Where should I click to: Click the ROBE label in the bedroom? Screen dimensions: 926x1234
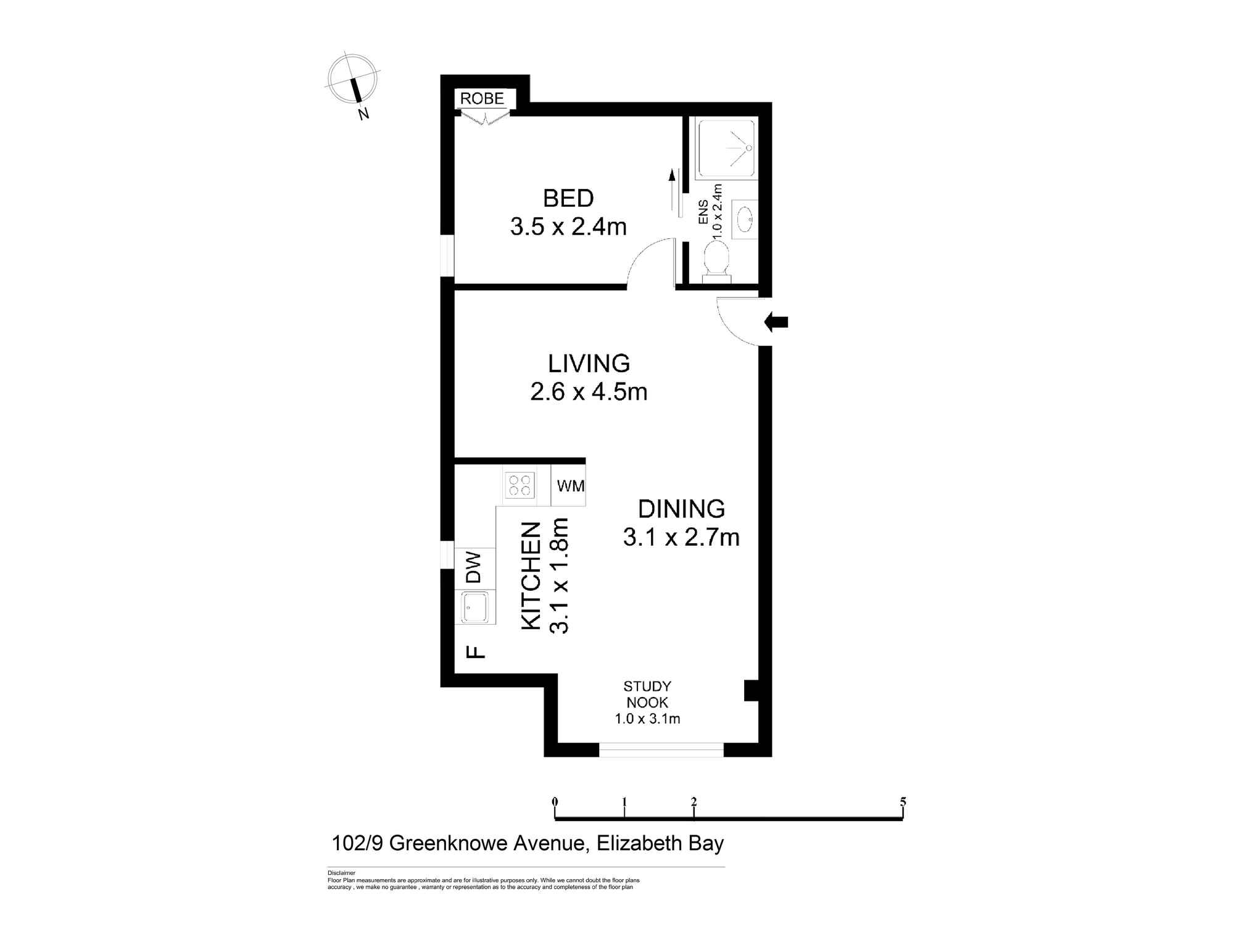tap(482, 99)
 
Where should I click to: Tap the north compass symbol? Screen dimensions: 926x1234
tap(352, 80)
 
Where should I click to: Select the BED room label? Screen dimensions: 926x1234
tap(568, 198)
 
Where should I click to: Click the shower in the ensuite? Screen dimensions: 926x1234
tap(726, 148)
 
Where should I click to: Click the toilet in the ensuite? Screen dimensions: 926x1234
tap(716, 259)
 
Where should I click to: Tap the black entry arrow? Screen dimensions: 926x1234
tap(776, 322)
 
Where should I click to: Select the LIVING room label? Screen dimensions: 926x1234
tap(589, 364)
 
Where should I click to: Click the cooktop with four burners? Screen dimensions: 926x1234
tap(519, 485)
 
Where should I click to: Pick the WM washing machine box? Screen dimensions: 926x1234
tap(570, 486)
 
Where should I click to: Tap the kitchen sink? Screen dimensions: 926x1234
tap(476, 607)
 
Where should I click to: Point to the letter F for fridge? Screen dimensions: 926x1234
tap(475, 651)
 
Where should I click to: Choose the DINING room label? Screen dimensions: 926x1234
tap(681, 509)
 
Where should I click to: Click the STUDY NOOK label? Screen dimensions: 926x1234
tap(647, 694)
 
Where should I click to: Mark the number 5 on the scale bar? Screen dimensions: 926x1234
tap(903, 802)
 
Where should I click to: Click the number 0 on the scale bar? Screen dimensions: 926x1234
tap(555, 802)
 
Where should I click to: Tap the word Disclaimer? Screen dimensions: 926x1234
tap(341, 873)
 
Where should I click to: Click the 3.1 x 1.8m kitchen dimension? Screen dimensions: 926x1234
tap(559, 576)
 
